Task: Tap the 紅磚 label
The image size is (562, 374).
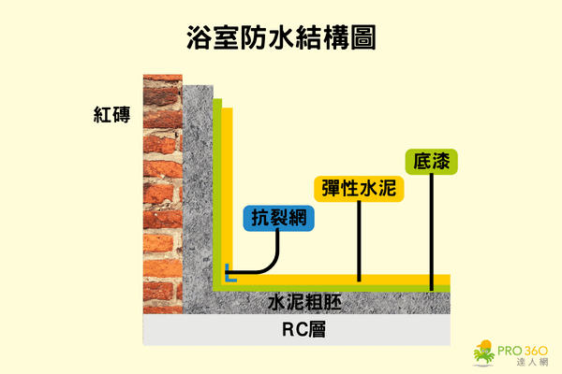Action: click(111, 118)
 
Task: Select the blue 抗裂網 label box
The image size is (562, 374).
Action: click(279, 218)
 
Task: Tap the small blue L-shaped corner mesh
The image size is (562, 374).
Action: click(228, 275)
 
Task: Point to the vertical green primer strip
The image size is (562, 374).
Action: click(217, 187)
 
